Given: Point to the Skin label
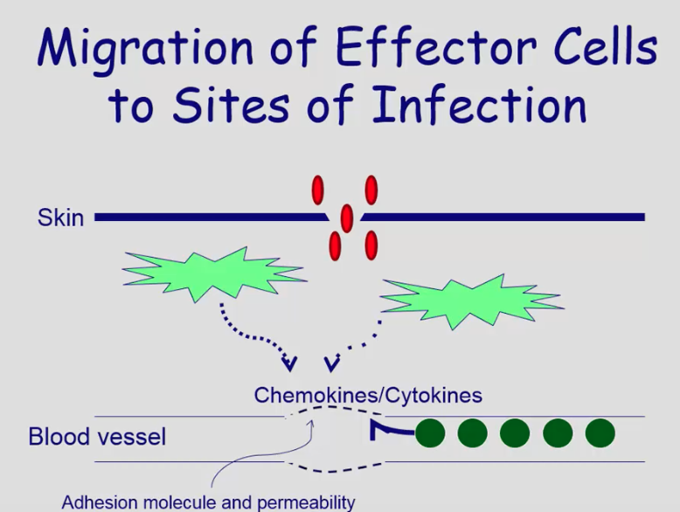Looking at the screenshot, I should (60, 217).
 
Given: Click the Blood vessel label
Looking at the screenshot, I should (97, 435).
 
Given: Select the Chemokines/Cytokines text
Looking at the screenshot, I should (368, 395).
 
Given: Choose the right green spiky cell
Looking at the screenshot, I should (472, 300).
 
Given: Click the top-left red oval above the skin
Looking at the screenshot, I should (318, 190).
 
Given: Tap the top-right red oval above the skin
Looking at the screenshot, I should (371, 190).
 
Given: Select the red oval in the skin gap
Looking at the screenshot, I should (347, 218).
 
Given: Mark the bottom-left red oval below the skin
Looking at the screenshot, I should (335, 245).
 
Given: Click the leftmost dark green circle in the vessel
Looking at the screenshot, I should (430, 432).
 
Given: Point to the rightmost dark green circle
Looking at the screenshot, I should (600, 432).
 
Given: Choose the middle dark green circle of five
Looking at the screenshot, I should (515, 432).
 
